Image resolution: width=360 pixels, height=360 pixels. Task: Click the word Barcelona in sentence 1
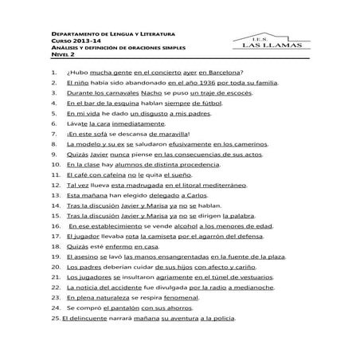[226, 72]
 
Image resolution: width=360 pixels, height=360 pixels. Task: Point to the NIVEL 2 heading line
[65, 55]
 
